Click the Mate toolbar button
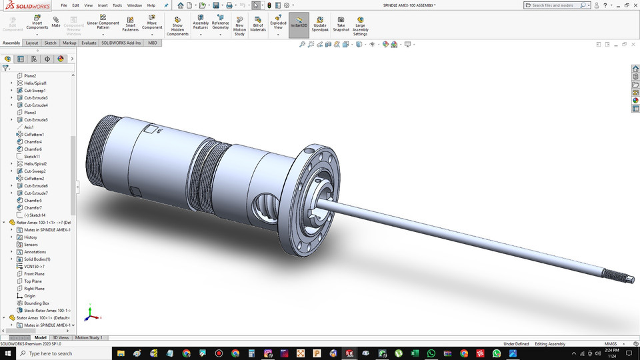(56, 23)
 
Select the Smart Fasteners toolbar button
(130, 23)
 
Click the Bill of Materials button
(258, 23)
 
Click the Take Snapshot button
(341, 23)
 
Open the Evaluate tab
(89, 43)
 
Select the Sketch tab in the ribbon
(50, 43)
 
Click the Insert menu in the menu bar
(103, 5)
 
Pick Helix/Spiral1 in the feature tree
(35, 83)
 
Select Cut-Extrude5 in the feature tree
(36, 120)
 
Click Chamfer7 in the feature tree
(33, 208)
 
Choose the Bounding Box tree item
(37, 303)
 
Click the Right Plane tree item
(34, 289)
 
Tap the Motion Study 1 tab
(89, 338)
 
